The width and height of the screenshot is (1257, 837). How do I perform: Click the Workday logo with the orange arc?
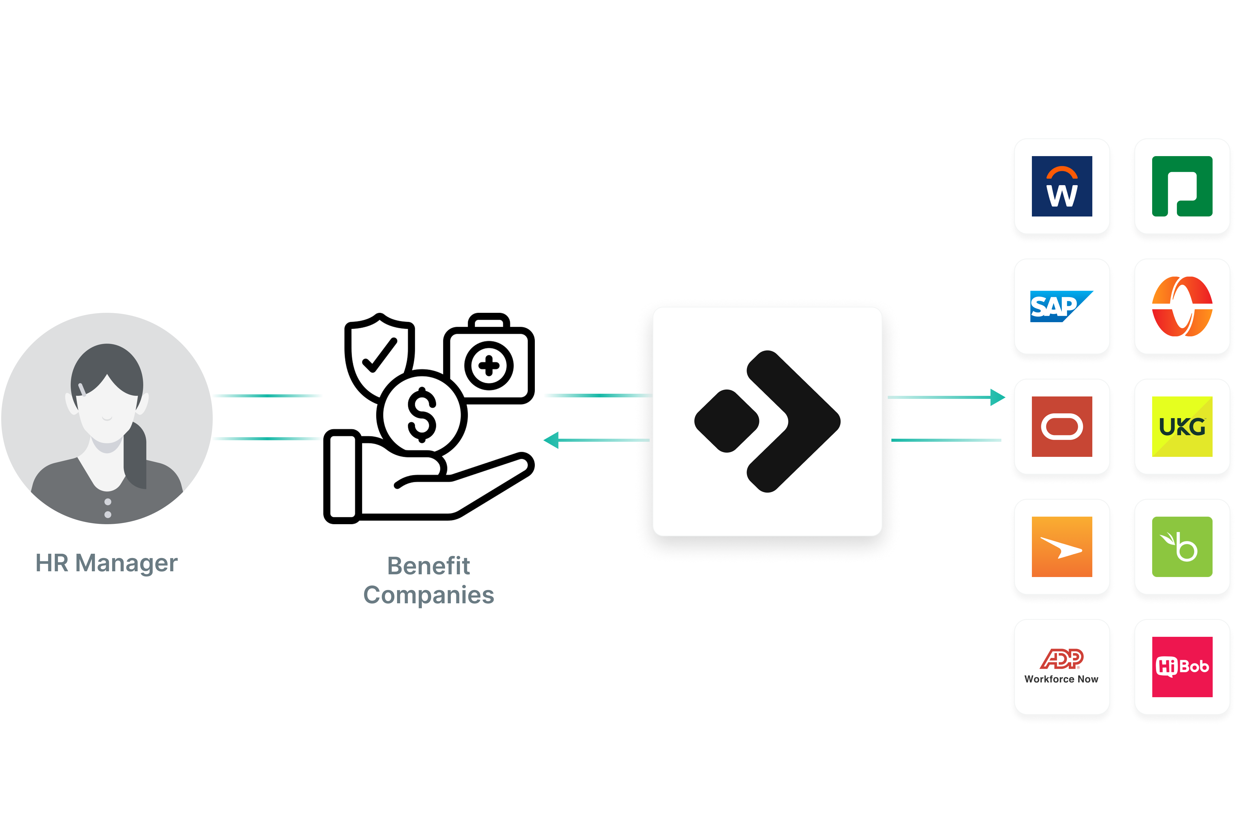click(x=1062, y=186)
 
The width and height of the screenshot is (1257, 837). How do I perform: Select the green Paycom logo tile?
click(x=1182, y=186)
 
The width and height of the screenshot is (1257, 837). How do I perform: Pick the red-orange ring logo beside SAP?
click(x=1182, y=306)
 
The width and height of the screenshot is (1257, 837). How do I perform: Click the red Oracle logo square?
click(x=1062, y=427)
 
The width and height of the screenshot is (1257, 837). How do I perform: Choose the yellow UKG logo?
click(x=1182, y=427)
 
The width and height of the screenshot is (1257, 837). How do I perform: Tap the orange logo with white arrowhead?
click(x=1062, y=547)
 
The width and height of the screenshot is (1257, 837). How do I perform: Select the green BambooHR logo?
click(x=1182, y=547)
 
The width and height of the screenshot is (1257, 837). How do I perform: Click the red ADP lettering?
click(x=1062, y=659)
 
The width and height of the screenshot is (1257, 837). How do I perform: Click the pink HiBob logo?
click(x=1182, y=667)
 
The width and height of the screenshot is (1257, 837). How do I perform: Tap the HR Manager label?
click(x=106, y=563)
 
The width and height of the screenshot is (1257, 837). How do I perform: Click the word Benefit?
click(x=428, y=566)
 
